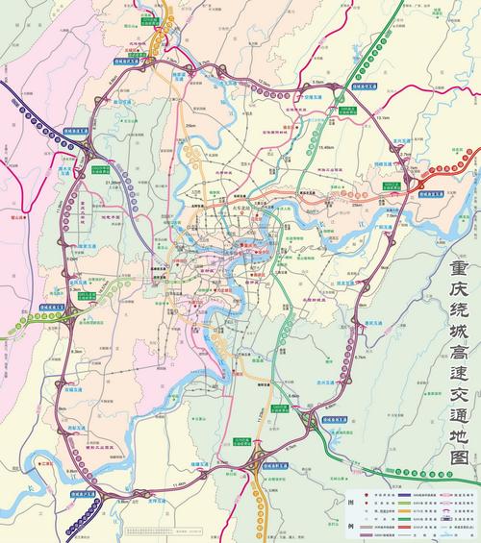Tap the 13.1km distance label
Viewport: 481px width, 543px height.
[x=383, y=118]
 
